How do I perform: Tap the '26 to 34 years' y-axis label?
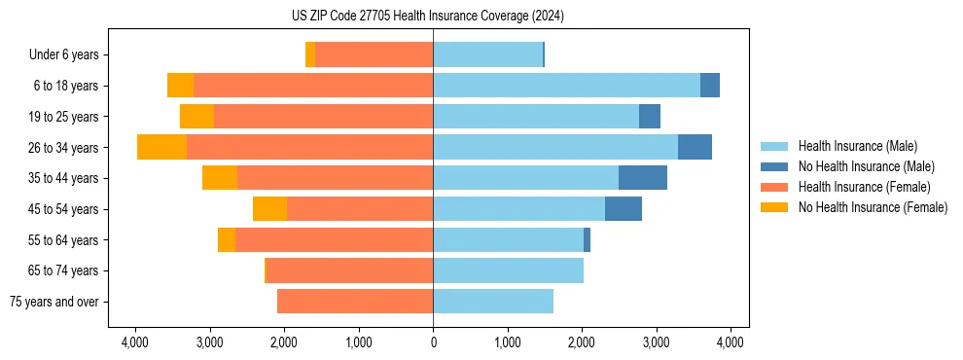(64, 148)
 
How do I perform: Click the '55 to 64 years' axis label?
(64, 240)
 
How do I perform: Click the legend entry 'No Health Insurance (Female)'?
(873, 207)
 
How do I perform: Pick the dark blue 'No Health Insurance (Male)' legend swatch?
(773, 166)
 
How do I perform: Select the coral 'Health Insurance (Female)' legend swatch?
(773, 187)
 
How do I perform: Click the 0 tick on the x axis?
(433, 342)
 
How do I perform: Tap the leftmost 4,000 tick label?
(134, 342)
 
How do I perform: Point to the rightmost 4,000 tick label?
(731, 342)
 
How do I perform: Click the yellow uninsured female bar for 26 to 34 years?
(161, 147)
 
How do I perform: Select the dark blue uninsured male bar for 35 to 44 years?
(643, 178)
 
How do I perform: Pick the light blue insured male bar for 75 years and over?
(493, 302)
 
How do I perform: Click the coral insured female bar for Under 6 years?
(374, 55)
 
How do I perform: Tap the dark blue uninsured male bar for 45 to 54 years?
(624, 209)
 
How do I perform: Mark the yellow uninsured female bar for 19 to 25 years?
(196, 117)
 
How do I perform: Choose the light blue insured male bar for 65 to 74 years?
(508, 270)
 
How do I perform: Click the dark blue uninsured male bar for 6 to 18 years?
(710, 86)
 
